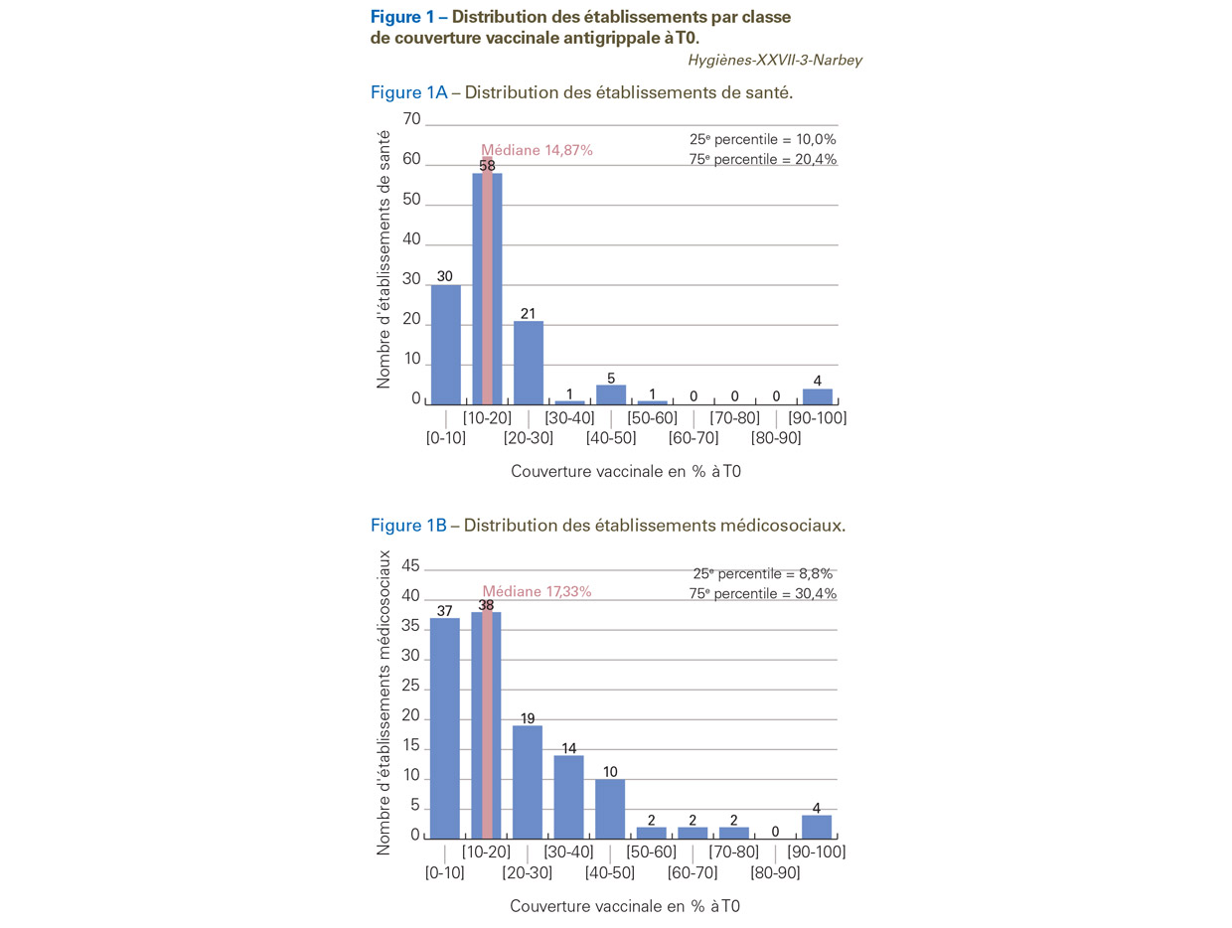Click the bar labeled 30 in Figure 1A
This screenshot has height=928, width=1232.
point(446,345)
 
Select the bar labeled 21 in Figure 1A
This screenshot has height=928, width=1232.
point(529,363)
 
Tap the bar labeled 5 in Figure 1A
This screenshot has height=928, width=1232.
point(611,394)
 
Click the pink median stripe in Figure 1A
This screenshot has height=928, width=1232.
point(487,281)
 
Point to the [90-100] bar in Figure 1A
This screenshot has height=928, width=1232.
point(818,396)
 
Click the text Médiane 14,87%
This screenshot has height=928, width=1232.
point(537,150)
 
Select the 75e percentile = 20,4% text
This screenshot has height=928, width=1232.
point(763,159)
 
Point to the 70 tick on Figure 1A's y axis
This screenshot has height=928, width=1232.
point(411,119)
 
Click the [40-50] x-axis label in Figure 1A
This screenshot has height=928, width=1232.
point(611,437)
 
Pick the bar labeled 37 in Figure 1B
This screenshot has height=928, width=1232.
point(444,728)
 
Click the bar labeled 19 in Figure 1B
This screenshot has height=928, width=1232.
point(528,782)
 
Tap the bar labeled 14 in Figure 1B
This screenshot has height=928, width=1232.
point(568,797)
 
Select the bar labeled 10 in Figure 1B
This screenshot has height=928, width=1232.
point(610,809)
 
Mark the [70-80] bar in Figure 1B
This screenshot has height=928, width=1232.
point(733,833)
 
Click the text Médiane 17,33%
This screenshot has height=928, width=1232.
point(537,591)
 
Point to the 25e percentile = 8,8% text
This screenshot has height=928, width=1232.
point(763,573)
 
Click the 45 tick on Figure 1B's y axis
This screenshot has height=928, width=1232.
point(410,565)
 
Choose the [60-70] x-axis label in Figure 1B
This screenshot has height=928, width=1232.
point(693,872)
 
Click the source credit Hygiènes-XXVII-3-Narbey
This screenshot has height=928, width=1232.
point(775,60)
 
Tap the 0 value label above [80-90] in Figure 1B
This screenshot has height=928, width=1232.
point(775,832)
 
